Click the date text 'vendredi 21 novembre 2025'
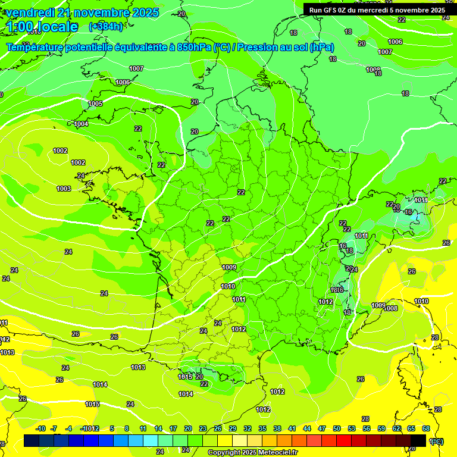pos(82,12)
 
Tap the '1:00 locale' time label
pos(42,27)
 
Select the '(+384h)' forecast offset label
pos(105,27)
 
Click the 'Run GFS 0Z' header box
pos(377,10)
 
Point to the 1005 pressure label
pos(95,104)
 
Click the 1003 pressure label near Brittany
pos(64,189)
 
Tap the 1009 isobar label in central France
pos(229,267)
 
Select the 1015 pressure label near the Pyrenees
pos(185,377)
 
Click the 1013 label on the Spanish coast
pos(138,367)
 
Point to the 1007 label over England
pos(136,68)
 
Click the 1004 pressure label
pos(82,124)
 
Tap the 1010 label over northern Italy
pos(421,302)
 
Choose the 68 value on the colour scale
pos(426,428)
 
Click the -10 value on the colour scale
pos(41,428)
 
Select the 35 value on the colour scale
pos(262,428)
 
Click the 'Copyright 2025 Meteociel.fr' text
pos(252,452)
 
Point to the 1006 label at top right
pos(395,42)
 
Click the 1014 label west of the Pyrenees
pos(100,384)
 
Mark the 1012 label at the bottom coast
pos(263,409)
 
